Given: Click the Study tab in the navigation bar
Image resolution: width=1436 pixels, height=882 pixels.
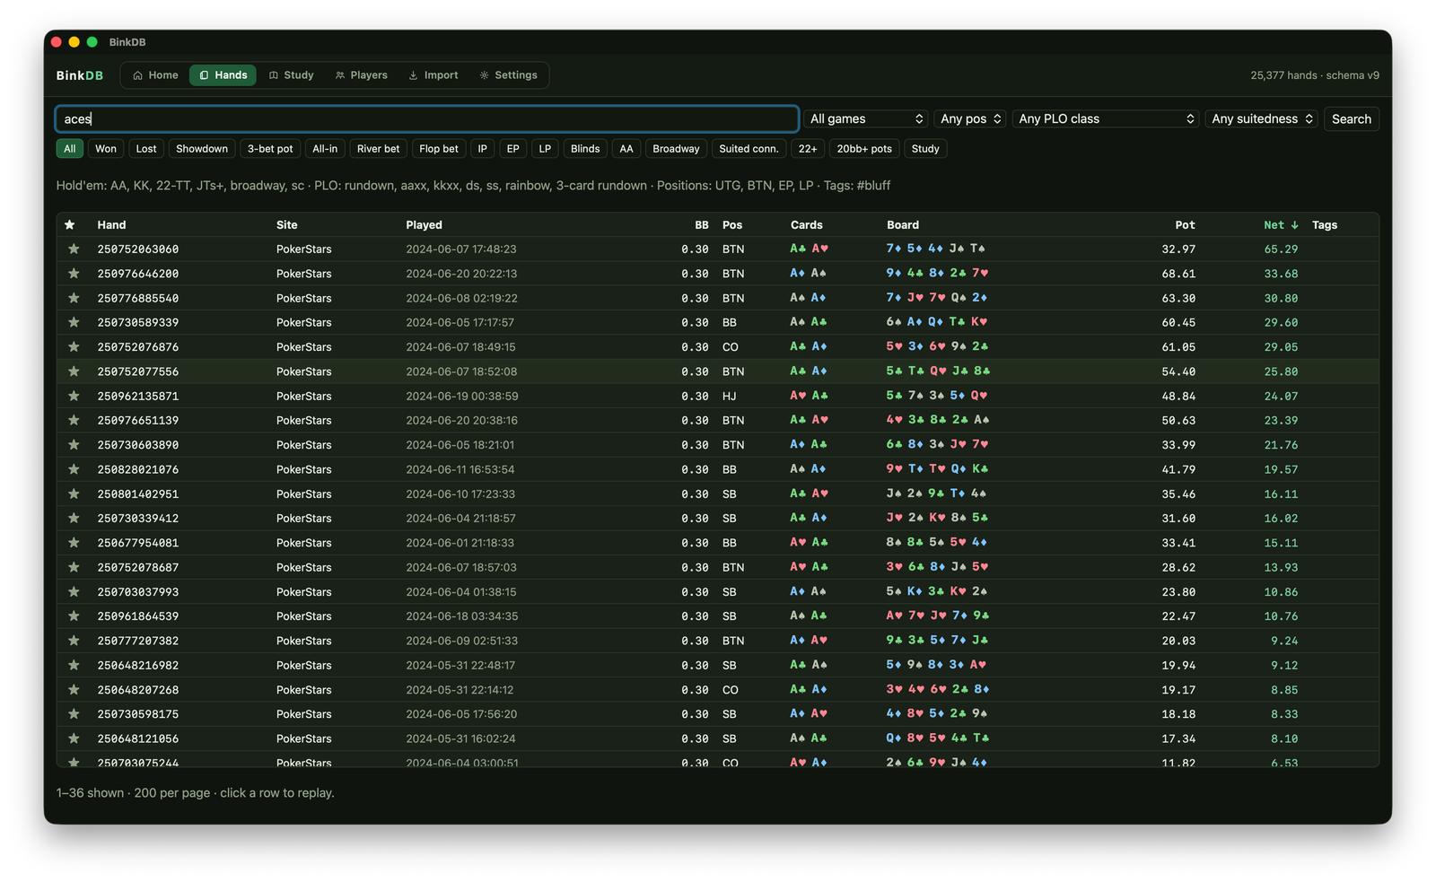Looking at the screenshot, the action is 291,75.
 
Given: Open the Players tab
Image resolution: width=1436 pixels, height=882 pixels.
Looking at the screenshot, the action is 362,75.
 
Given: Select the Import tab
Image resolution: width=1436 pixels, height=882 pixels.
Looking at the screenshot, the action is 433,75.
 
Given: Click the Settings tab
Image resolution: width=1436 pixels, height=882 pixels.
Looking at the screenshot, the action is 508,75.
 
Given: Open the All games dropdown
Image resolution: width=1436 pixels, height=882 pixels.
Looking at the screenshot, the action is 865,118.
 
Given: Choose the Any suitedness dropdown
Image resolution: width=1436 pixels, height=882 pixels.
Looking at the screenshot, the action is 1262,118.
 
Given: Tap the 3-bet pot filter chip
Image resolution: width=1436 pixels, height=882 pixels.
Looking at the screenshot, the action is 270,149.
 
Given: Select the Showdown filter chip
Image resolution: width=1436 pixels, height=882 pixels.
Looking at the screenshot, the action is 202,149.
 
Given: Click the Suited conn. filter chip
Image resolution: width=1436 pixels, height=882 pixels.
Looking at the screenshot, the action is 749,149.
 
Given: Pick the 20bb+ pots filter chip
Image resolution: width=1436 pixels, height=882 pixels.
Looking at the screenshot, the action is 864,149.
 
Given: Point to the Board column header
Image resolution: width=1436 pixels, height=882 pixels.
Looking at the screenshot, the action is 903,225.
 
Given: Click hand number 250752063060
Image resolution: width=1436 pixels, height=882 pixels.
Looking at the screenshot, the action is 138,249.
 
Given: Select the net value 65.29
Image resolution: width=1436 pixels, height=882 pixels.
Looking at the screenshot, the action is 1281,249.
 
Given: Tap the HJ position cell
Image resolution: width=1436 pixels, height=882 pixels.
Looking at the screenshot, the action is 729,396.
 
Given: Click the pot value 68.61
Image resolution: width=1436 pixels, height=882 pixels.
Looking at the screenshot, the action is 1178,274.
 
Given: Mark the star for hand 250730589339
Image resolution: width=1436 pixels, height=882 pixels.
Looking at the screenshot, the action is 74,322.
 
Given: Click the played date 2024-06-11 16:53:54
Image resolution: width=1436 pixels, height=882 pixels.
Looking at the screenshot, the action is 460,469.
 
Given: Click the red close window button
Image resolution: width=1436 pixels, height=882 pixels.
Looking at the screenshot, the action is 57,42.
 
